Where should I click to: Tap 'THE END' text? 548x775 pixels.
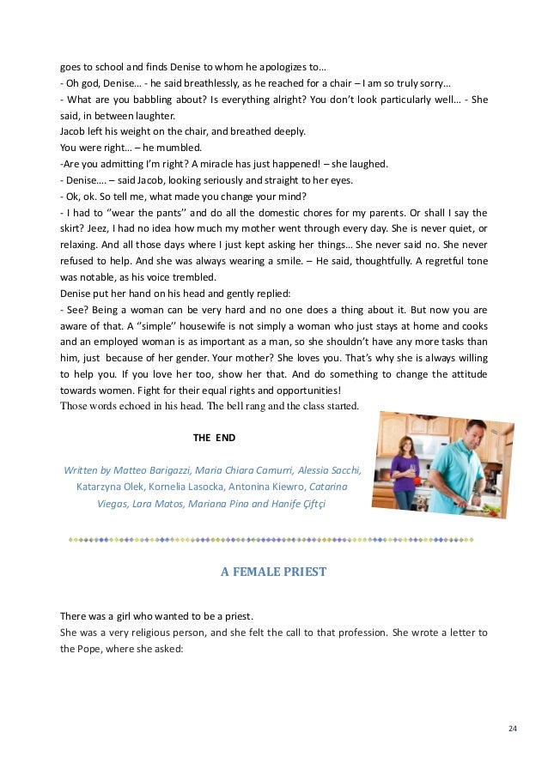pyautogui.click(x=214, y=438)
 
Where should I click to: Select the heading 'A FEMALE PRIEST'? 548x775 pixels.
pyautogui.click(x=274, y=571)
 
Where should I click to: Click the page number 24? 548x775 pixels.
pyautogui.click(x=513, y=729)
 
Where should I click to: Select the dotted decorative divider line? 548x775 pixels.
pyautogui.click(x=273, y=540)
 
